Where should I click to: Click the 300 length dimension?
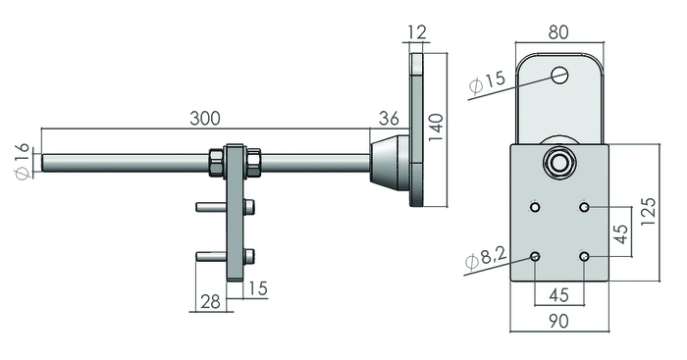[204, 119]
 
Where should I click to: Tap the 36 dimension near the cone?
[389, 119]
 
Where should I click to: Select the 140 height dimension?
[436, 127]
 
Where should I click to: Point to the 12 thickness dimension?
[417, 32]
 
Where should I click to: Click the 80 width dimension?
[558, 32]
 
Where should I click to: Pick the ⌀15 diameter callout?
[487, 81]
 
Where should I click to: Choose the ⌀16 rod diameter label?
[23, 161]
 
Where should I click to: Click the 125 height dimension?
[648, 212]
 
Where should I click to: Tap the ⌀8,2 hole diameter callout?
[486, 257]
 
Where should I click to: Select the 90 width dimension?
[558, 321]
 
